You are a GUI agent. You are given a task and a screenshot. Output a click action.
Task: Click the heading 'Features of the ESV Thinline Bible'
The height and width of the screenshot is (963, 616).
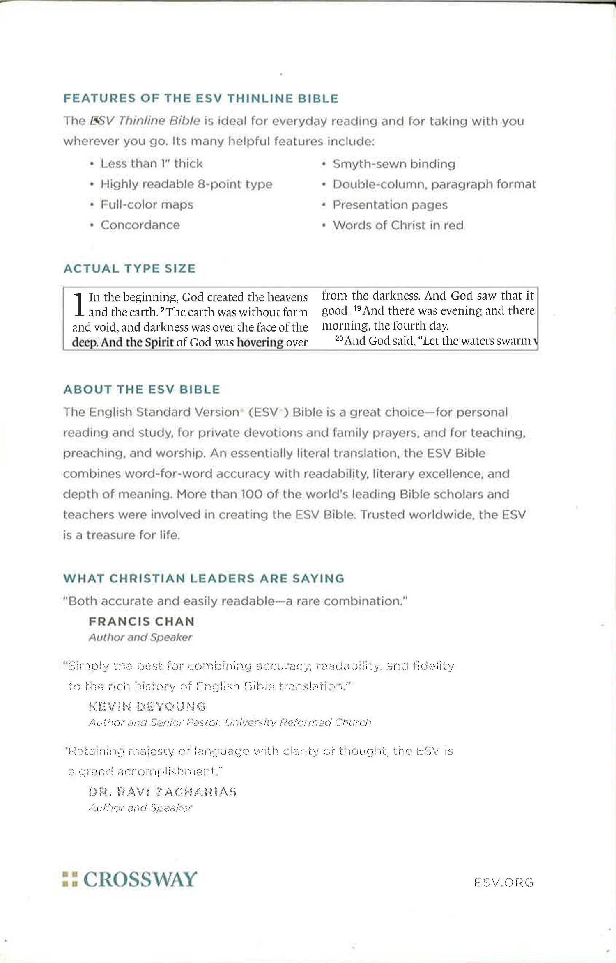click(x=201, y=99)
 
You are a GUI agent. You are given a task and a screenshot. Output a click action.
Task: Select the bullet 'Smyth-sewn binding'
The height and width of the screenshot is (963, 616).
click(x=393, y=164)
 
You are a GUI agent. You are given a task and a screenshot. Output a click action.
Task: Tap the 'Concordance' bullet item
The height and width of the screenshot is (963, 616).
click(x=140, y=225)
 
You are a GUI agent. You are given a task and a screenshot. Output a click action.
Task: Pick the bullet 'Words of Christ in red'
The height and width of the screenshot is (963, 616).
click(x=398, y=225)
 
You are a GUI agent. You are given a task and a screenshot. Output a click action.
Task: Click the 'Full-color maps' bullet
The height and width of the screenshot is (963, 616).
click(x=147, y=204)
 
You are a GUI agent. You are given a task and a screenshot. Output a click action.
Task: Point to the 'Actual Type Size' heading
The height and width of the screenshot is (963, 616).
click(x=129, y=268)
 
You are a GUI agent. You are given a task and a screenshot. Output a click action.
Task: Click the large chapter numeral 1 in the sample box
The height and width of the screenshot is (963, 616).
click(x=79, y=305)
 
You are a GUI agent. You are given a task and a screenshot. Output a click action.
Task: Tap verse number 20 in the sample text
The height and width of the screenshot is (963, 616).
click(x=339, y=339)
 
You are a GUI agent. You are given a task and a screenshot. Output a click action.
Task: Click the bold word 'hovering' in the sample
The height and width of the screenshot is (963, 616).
click(x=260, y=342)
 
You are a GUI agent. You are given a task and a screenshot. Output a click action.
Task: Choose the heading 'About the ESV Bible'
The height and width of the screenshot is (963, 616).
click(x=142, y=390)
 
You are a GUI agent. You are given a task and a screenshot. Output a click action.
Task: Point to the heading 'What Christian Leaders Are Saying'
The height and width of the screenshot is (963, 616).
click(x=204, y=578)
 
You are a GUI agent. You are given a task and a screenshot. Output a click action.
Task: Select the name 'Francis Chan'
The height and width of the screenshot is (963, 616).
click(x=141, y=621)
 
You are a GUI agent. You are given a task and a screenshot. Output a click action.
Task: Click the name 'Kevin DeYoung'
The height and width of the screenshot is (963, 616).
click(x=147, y=706)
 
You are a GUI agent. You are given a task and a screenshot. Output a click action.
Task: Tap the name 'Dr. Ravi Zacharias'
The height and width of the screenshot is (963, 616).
click(x=163, y=792)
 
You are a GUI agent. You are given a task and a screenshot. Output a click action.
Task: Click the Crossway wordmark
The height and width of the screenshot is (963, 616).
click(x=140, y=879)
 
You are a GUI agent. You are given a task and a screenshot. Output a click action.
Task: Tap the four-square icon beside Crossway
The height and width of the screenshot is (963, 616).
click(x=70, y=879)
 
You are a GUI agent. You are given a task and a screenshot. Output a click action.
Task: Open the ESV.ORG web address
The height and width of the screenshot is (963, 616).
click(x=503, y=882)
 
